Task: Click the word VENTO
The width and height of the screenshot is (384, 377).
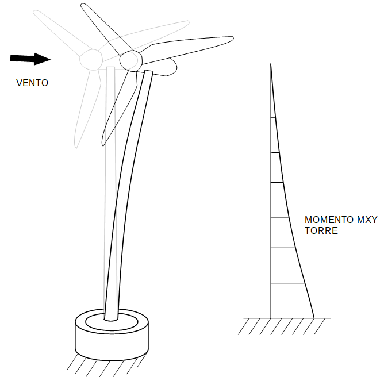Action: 32,83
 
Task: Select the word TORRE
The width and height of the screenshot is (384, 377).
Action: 321,231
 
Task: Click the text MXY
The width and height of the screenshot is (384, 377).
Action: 368,220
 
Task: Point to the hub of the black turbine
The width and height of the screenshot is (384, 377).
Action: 130,59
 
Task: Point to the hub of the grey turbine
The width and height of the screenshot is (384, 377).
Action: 90,58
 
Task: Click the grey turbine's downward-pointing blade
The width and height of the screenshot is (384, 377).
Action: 84,109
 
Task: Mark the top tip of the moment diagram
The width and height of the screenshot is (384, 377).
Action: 271,64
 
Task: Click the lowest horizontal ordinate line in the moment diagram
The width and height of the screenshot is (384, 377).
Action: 287,283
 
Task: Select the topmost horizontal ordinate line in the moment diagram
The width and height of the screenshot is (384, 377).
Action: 273,117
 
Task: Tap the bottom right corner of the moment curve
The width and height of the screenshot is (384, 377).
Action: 314,317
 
